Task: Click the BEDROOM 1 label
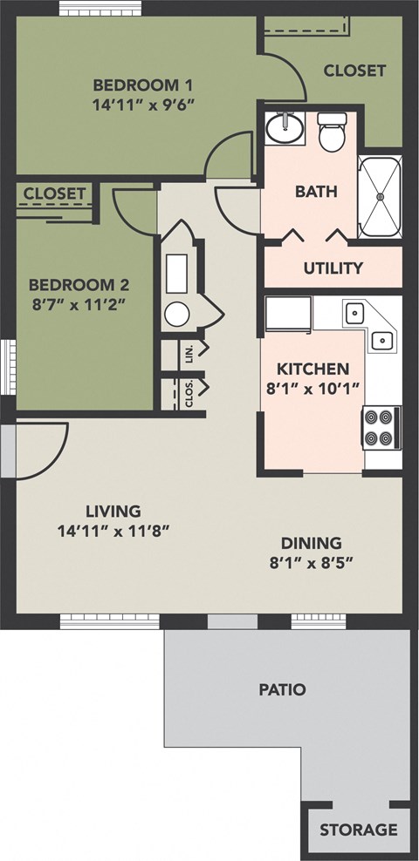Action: click(x=142, y=85)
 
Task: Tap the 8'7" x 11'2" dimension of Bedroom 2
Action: click(x=79, y=304)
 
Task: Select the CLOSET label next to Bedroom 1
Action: click(x=354, y=71)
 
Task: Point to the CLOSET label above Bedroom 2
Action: click(x=54, y=193)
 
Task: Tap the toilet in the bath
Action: click(x=332, y=134)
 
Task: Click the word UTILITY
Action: click(x=333, y=268)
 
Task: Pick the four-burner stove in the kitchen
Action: click(x=381, y=427)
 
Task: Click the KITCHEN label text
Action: click(x=313, y=369)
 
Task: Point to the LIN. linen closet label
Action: click(x=189, y=352)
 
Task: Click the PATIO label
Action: click(x=282, y=689)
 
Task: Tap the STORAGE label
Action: click(x=358, y=830)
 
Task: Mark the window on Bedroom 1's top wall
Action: click(x=100, y=9)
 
